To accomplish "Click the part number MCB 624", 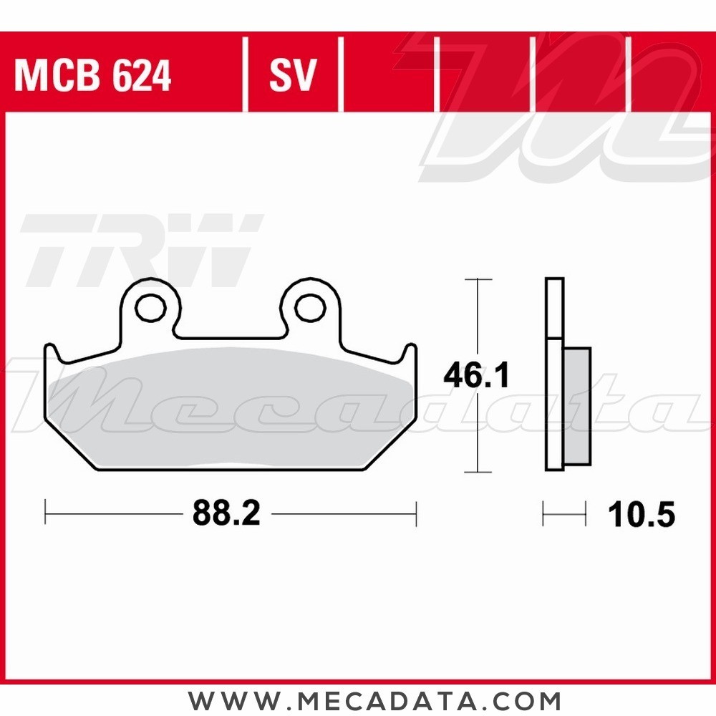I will (93, 76).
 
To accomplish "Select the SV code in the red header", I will (292, 76).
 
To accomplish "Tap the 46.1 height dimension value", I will (476, 376).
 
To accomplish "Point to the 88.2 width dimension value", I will (226, 513).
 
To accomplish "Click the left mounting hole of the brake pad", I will (150, 308).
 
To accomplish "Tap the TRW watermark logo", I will (140, 251).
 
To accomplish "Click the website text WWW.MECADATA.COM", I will (374, 700).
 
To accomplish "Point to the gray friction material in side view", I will (577, 405).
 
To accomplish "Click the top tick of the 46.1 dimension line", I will (478, 279).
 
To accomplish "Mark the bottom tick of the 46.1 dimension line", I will (478, 472).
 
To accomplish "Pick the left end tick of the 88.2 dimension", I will (46, 513).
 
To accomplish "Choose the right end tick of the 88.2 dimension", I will (416, 513).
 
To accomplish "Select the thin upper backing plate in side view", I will (554, 308).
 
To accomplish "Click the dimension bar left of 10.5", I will (563, 513).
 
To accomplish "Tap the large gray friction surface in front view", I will (229, 408).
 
